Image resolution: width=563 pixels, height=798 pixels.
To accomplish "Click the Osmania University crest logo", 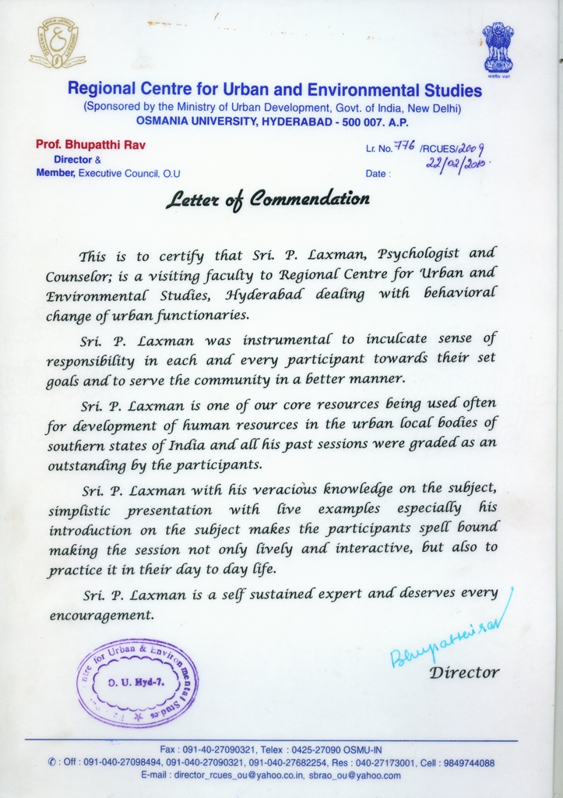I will pyautogui.click(x=57, y=44).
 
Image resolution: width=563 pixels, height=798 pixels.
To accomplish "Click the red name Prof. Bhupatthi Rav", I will pyautogui.click(x=90, y=145).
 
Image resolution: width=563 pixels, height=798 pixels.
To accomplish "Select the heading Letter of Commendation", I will pyautogui.click(x=267, y=199).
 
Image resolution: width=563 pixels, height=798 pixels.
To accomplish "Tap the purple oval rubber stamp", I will pyautogui.click(x=137, y=683).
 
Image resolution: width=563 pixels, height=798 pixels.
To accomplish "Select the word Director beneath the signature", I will pyautogui.click(x=464, y=672).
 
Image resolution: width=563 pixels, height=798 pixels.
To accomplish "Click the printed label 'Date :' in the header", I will pyautogui.click(x=377, y=174).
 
